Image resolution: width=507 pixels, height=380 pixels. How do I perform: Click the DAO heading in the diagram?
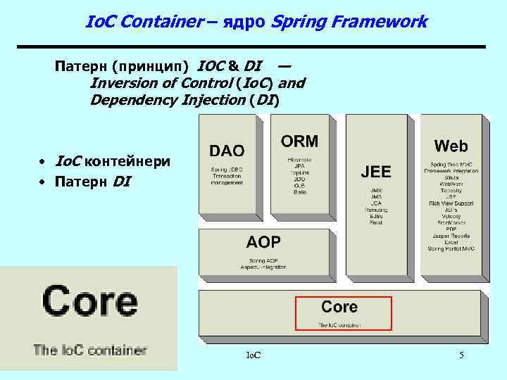pos(227,151)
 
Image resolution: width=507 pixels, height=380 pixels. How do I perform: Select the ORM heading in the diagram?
pos(299,141)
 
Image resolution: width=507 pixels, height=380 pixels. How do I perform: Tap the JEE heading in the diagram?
pos(376,172)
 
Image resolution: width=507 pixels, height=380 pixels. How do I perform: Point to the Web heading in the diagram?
pos(451,146)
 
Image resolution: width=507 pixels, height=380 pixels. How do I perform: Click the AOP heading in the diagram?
pos(263,243)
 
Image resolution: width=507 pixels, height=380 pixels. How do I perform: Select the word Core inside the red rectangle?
pos(339,307)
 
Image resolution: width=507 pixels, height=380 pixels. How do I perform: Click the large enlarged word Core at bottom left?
pos(89,302)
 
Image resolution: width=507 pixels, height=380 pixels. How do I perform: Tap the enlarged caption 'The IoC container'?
pos(89,350)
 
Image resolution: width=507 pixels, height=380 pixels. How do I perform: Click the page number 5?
pos(461,355)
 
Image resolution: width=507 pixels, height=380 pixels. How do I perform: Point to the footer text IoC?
pos(254,355)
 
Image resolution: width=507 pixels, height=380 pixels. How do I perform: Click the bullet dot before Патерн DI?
pos(44,182)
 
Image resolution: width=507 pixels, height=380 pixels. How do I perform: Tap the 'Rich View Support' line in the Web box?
pos(451,203)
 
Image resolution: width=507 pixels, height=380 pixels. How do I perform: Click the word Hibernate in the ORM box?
pos(299,160)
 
